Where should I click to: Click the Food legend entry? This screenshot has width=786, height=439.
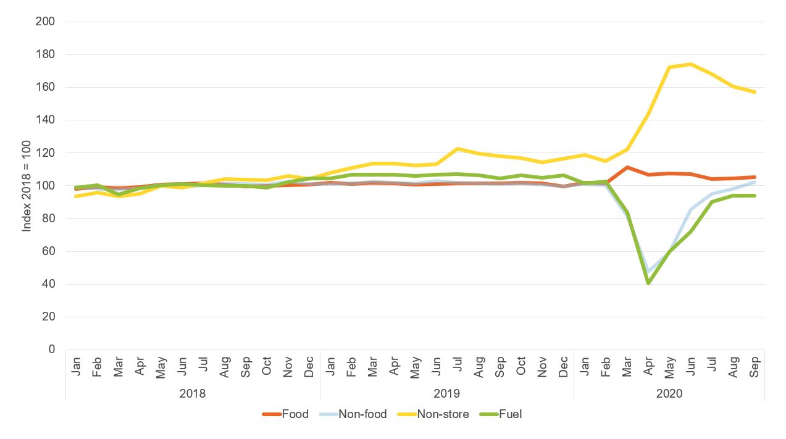click(285, 414)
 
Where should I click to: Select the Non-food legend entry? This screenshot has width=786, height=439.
click(353, 414)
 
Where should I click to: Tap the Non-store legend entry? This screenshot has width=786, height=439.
click(433, 414)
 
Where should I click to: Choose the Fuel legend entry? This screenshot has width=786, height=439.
click(501, 414)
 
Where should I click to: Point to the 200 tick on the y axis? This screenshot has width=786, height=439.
click(47, 22)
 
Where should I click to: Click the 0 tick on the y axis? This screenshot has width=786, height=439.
click(52, 349)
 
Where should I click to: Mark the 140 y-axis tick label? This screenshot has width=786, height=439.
click(47, 120)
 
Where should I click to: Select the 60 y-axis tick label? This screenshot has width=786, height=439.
click(49, 251)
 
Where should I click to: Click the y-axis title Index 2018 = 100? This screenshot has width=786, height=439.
click(27, 186)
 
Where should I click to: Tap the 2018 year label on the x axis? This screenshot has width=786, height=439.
click(193, 393)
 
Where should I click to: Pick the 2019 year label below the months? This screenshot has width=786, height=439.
click(447, 393)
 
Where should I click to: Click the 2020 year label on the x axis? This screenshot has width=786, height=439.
click(669, 393)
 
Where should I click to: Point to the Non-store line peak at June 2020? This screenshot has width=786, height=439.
click(690, 64)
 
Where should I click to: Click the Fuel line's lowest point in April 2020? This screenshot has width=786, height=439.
click(648, 283)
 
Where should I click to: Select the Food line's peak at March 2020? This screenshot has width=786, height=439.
click(627, 167)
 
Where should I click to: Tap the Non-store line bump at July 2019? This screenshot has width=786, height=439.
click(458, 149)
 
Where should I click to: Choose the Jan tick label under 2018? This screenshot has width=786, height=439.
click(77, 367)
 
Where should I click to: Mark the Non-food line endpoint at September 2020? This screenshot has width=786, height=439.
click(754, 182)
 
